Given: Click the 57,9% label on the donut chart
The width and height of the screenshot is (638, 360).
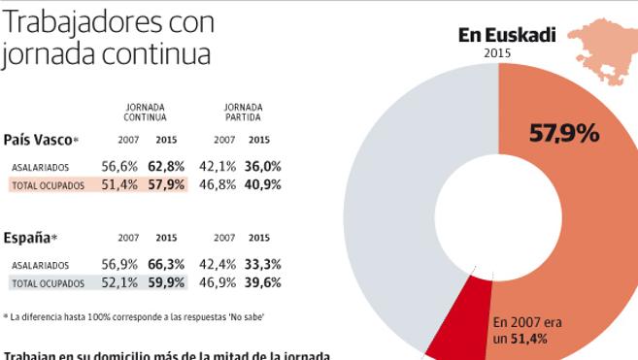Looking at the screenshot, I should tap(563, 134).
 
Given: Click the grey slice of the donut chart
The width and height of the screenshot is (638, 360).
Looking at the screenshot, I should tap(388, 194).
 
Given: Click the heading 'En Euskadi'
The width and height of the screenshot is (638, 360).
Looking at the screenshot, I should tap(507, 36).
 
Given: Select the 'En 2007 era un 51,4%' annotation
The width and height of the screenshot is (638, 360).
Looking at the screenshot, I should tap(527, 330).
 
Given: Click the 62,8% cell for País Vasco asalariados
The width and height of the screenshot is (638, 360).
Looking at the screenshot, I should tap(166, 166).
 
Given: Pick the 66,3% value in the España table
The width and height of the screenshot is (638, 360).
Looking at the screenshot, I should tap(166, 264).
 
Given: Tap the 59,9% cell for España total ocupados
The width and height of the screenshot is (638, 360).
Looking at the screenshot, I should tap(166, 282).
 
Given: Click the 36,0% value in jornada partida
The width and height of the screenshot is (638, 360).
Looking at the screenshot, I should tap(262, 166).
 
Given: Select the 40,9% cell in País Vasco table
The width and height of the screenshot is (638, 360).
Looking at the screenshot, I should tap(262, 184).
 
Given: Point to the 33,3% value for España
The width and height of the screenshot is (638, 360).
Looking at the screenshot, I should tap(262, 264).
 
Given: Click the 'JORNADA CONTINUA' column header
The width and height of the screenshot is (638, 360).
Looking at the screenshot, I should tap(145, 112).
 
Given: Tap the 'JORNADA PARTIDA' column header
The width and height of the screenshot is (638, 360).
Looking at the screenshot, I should tap(243, 112).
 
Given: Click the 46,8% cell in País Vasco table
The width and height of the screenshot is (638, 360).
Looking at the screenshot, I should tap(217, 184).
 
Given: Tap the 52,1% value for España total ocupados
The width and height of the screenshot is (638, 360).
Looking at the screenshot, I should tap(120, 282).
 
